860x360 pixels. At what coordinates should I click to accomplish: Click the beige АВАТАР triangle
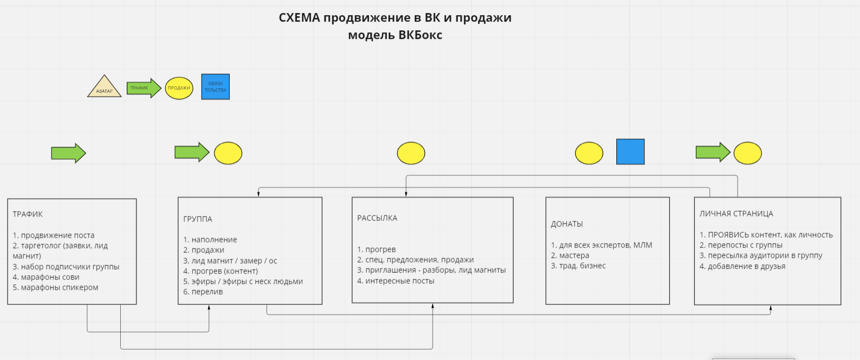(105, 88)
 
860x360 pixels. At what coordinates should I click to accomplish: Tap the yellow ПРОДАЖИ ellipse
(179, 88)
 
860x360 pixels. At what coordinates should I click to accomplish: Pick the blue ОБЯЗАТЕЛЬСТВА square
(216, 87)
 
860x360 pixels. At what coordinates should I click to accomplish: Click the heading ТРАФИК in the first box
(28, 214)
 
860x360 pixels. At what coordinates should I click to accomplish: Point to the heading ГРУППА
(198, 219)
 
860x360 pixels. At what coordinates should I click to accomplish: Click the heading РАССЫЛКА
(377, 218)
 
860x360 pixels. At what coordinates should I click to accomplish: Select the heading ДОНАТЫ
(567, 224)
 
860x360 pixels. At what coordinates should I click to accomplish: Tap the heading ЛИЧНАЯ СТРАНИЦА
(736, 214)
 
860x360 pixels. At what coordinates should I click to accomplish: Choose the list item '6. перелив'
(203, 292)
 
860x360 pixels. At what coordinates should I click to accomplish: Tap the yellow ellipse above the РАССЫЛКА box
(411, 153)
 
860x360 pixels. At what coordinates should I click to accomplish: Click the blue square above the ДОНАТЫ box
(630, 152)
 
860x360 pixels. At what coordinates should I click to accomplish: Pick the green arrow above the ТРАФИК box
(68, 153)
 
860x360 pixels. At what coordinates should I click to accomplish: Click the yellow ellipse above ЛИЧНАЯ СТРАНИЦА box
(747, 153)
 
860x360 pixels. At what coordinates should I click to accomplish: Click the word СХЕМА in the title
(299, 18)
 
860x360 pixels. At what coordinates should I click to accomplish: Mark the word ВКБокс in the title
(420, 35)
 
